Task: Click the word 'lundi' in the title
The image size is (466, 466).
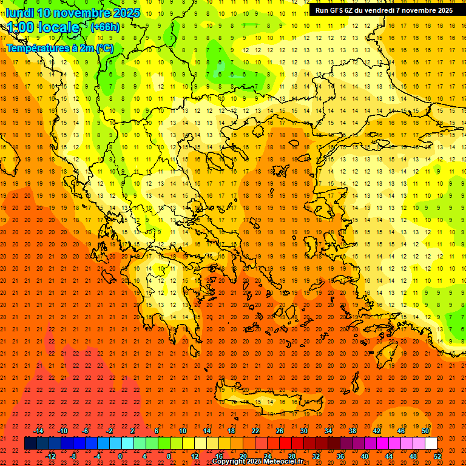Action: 19,13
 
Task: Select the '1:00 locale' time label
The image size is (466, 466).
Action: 43,27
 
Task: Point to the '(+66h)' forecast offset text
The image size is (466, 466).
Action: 105,27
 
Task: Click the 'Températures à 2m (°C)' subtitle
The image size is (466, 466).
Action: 60,48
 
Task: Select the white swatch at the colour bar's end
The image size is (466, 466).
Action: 431,444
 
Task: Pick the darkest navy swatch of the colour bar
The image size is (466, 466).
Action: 30,444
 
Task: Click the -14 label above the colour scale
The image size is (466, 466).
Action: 39,431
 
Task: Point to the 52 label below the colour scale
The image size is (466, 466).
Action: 438,456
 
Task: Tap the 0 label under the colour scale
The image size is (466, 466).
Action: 120,456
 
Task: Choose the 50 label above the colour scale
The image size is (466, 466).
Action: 426,431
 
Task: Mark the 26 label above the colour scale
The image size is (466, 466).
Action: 280,431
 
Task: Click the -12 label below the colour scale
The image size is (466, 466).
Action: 51,456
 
